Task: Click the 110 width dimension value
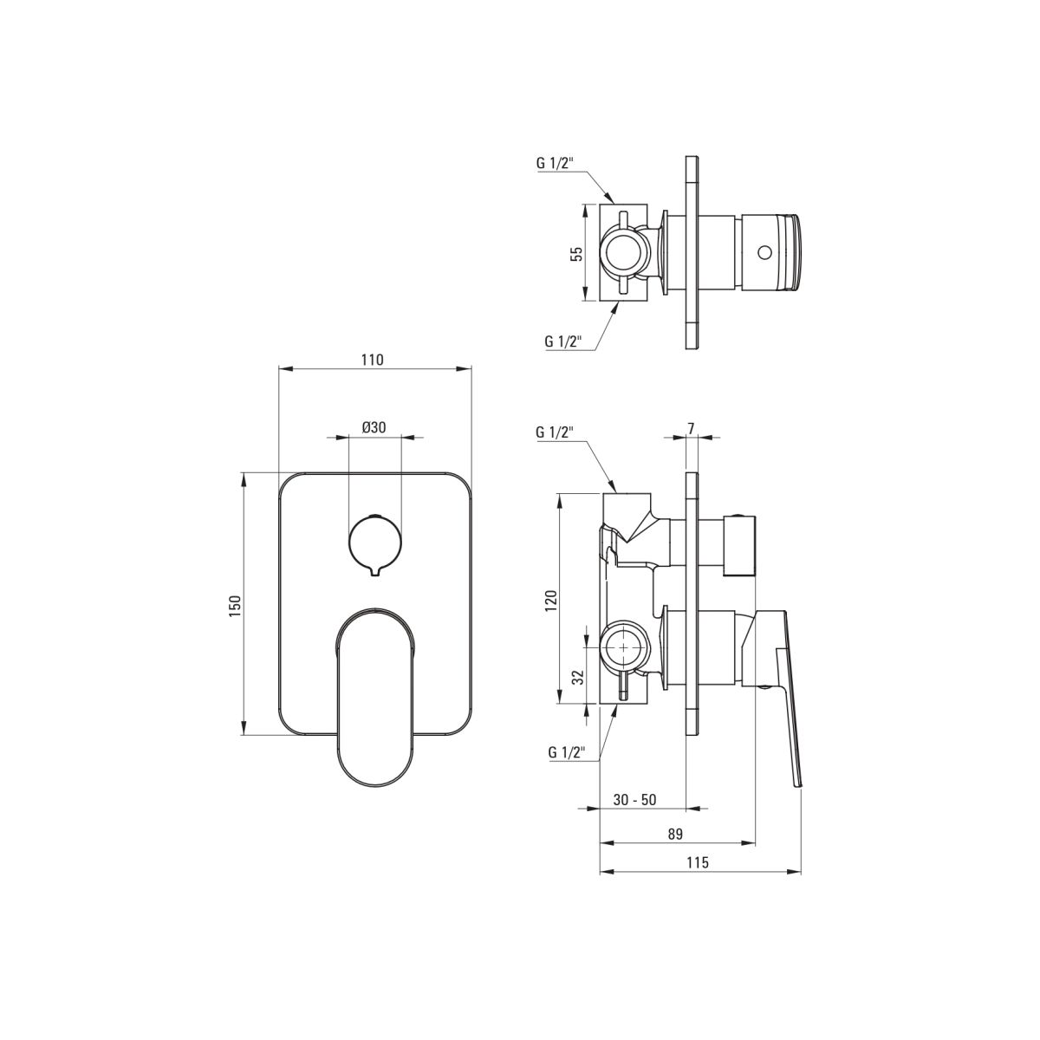coord(372,360)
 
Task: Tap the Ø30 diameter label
coord(374,427)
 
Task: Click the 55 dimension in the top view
coord(577,254)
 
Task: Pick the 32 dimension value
coord(579,677)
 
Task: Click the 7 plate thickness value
coord(692,428)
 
